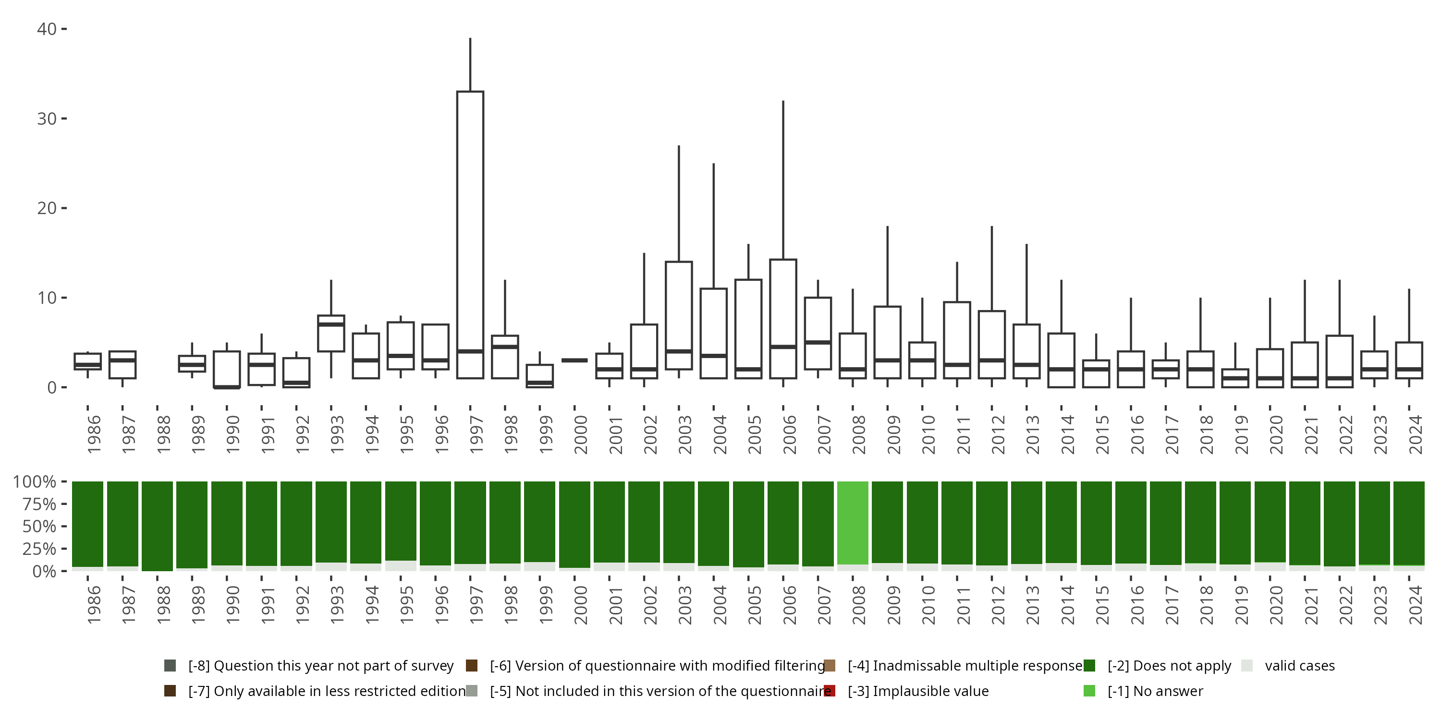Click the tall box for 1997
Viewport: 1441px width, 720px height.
[x=470, y=224]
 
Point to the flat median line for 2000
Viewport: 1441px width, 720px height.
[x=574, y=360]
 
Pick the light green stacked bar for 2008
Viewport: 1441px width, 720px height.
[x=853, y=523]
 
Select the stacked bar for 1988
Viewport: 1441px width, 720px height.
[x=157, y=526]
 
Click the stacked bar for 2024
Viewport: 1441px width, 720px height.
[x=1408, y=523]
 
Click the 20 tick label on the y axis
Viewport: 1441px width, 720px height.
[x=47, y=208]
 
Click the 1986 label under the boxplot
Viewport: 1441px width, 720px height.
[x=93, y=434]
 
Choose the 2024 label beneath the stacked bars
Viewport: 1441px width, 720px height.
[x=1415, y=605]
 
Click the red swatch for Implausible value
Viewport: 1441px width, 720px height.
[x=830, y=691]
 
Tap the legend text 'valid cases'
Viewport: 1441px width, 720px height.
[x=1299, y=666]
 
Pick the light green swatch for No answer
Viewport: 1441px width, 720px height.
[x=1089, y=691]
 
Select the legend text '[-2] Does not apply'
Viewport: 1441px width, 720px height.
[x=1169, y=666]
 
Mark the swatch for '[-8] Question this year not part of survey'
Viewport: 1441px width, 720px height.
[x=170, y=666]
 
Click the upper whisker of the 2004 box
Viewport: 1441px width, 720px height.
[x=713, y=224]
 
